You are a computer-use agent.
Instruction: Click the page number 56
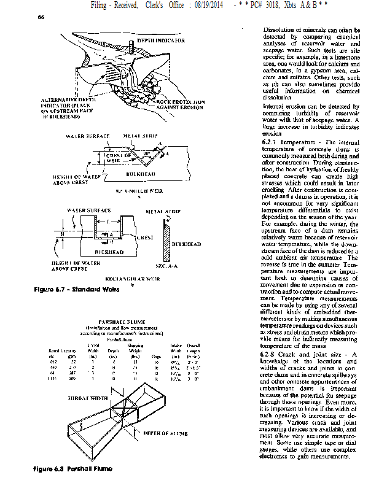[41, 18]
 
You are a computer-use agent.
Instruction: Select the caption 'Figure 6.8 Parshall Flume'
[73, 469]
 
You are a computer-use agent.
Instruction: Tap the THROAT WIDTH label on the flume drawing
[88, 398]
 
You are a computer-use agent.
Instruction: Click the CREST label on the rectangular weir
[145, 237]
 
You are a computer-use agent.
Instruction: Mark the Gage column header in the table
[157, 355]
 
